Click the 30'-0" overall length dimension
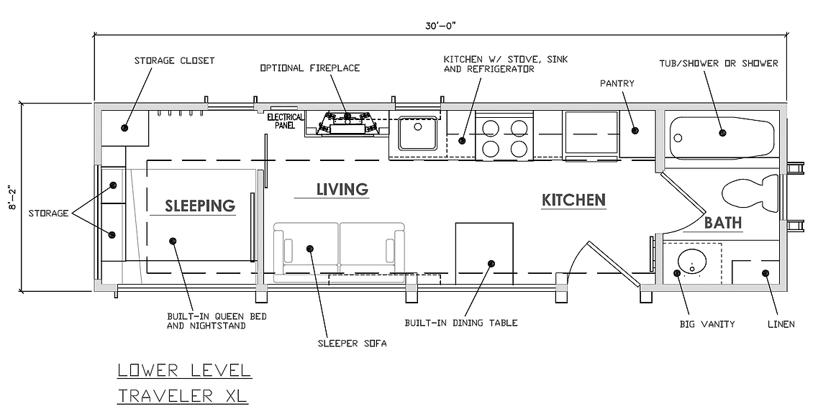click(440, 26)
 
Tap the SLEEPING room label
click(200, 206)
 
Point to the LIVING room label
click(342, 188)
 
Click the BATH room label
click(723, 223)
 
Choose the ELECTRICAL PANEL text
click(285, 121)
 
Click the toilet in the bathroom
click(750, 193)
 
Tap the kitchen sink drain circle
click(417, 127)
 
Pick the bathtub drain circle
click(678, 138)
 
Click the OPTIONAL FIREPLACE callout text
click(310, 68)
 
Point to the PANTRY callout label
click(617, 83)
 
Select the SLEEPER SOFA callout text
click(352, 344)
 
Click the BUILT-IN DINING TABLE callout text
click(461, 323)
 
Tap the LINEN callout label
click(781, 324)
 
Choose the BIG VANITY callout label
click(707, 324)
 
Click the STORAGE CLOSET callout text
click(174, 60)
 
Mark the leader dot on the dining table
click(491, 264)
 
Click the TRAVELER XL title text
click(183, 395)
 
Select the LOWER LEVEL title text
click(185, 370)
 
